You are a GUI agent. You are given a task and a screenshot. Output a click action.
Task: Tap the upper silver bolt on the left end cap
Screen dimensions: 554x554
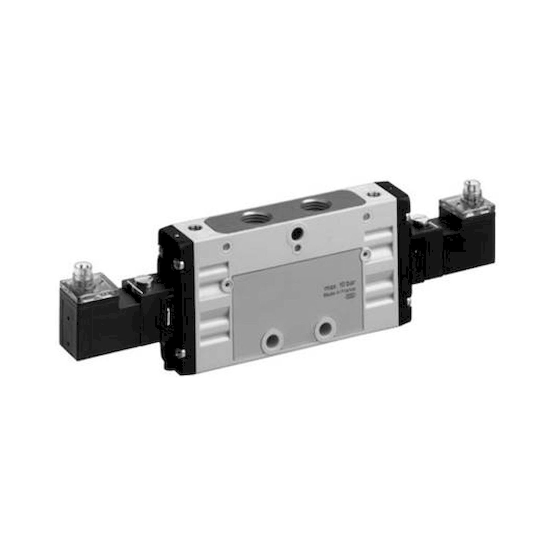point(179,262)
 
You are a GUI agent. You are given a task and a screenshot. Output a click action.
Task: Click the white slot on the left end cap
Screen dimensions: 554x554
point(169,316)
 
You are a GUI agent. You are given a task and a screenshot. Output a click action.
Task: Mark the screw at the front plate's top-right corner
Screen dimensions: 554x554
point(365,253)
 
